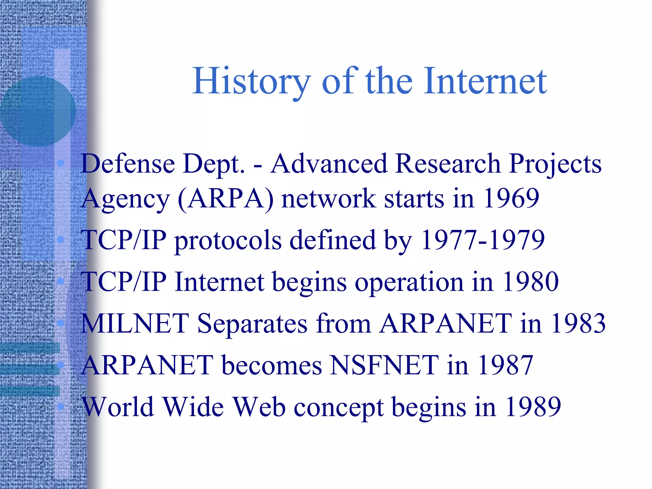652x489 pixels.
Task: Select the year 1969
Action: (511, 198)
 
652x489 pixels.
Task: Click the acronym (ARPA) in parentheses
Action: (226, 199)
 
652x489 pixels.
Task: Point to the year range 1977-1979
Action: (483, 240)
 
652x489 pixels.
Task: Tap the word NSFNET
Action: (384, 365)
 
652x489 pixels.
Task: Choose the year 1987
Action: (505, 365)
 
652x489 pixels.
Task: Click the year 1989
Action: (533, 407)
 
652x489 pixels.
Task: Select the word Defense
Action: (128, 164)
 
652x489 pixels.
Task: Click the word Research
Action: (448, 164)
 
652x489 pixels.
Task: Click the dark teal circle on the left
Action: (38, 111)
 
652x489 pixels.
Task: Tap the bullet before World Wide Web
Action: (60, 406)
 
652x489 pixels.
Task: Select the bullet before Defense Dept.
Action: (60, 164)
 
